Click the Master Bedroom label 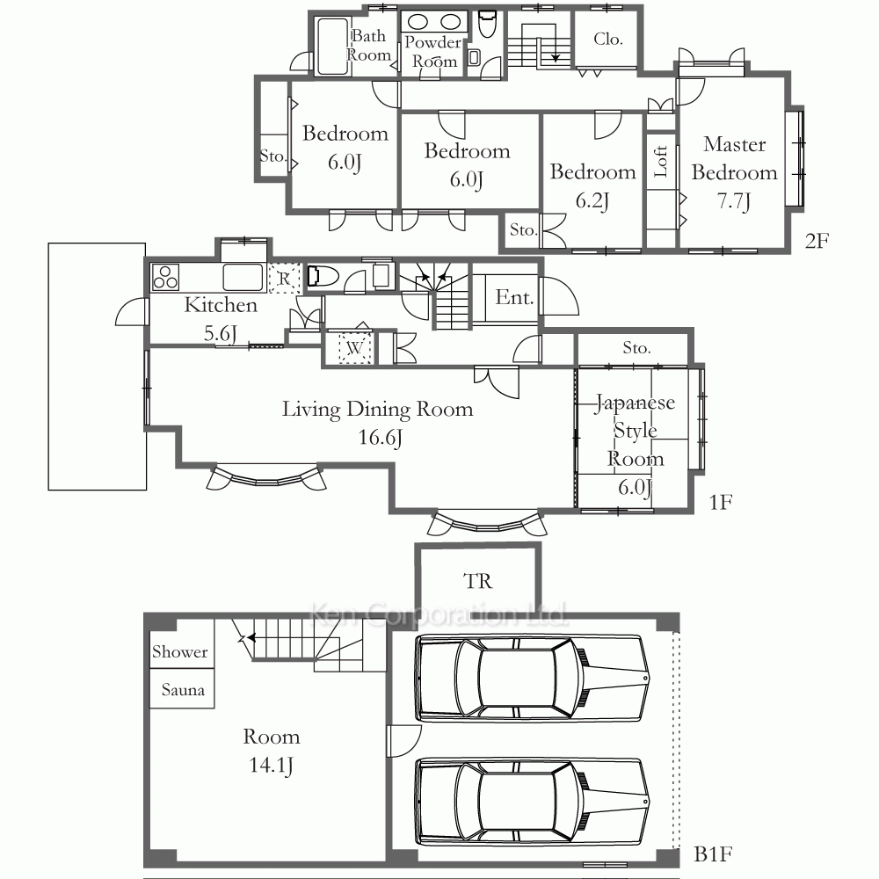click(x=734, y=158)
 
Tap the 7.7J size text click(x=734, y=200)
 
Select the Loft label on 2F click(x=661, y=162)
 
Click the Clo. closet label click(x=608, y=39)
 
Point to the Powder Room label click(x=432, y=52)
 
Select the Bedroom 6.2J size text click(x=592, y=200)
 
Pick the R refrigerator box click(x=284, y=278)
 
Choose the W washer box click(x=354, y=348)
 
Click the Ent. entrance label click(x=514, y=297)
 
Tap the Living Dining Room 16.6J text click(x=378, y=423)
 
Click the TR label click(x=478, y=581)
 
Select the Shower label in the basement click(x=180, y=651)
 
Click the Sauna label click(x=183, y=689)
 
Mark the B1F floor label click(x=713, y=854)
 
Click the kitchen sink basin click(x=243, y=277)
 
